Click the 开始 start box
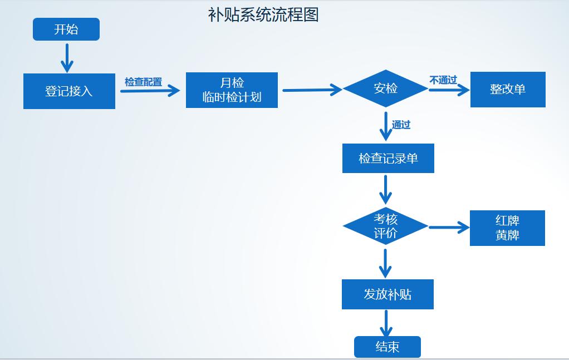click(x=66, y=29)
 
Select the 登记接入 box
click(x=69, y=91)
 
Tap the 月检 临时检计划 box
click(x=232, y=90)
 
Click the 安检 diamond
click(x=385, y=88)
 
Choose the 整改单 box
click(x=508, y=89)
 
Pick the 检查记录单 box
click(x=388, y=159)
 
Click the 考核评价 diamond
click(x=385, y=226)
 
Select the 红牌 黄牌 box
click(x=507, y=228)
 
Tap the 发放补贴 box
click(x=387, y=294)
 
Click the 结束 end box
click(x=387, y=347)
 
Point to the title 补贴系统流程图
click(x=263, y=15)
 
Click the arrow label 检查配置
click(x=143, y=82)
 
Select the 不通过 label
click(x=443, y=80)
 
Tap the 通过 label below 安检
click(x=401, y=125)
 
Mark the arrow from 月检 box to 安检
click(x=312, y=90)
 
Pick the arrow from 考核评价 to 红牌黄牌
click(x=449, y=227)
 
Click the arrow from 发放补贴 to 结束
click(x=385, y=323)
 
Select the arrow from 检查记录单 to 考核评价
click(x=385, y=189)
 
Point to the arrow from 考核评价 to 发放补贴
click(x=385, y=263)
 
